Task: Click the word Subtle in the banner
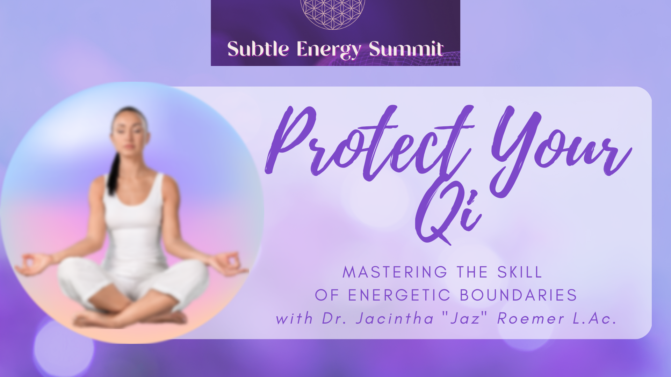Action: point(258,49)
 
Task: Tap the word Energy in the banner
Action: point(329,50)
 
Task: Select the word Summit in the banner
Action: point(406,49)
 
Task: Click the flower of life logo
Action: point(333,14)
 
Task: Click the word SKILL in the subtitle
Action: point(520,272)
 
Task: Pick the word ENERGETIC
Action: point(399,295)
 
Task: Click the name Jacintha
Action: point(395,318)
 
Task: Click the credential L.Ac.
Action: point(594,318)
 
